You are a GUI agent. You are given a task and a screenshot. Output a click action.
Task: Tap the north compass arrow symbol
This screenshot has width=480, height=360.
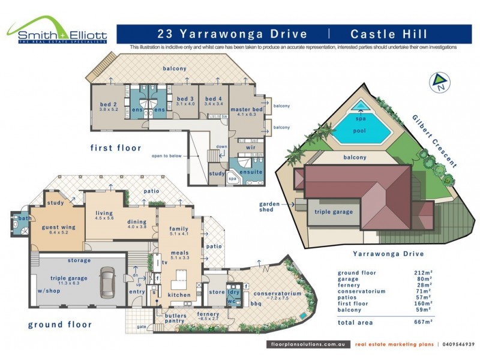[x=439, y=81]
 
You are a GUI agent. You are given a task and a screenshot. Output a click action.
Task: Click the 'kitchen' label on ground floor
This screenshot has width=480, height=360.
[x=179, y=295]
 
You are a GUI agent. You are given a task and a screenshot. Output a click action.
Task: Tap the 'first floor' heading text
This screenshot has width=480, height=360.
[x=116, y=148]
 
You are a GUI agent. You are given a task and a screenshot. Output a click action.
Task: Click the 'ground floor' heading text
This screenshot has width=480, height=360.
[x=60, y=325]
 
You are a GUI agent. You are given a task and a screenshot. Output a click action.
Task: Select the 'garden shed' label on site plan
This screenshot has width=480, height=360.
[x=270, y=207]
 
